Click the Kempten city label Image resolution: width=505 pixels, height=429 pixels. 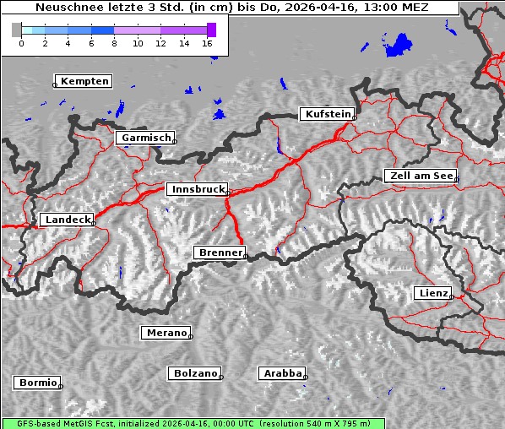coord(84,81)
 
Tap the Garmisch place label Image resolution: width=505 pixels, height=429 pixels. coord(146,138)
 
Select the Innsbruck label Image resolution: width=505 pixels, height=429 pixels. coord(196,190)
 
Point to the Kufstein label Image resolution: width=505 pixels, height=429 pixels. coord(327,114)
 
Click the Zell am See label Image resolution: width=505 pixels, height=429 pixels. coord(420,176)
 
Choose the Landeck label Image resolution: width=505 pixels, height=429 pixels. coord(67,220)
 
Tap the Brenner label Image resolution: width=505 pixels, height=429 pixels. coord(220,253)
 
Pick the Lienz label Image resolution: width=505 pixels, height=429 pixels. coord(432,293)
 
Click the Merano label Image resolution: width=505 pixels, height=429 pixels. coord(166,333)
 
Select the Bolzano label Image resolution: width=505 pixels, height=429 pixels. coord(195,373)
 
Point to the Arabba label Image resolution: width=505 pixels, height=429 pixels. coord(281,373)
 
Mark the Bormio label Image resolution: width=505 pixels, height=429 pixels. coord(37,383)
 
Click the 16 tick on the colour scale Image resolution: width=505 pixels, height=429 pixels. coord(208,43)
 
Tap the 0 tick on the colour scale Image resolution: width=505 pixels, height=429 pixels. coord(21,43)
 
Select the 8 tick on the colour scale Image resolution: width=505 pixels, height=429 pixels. coord(114,43)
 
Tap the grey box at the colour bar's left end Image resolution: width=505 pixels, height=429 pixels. coord(17,30)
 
